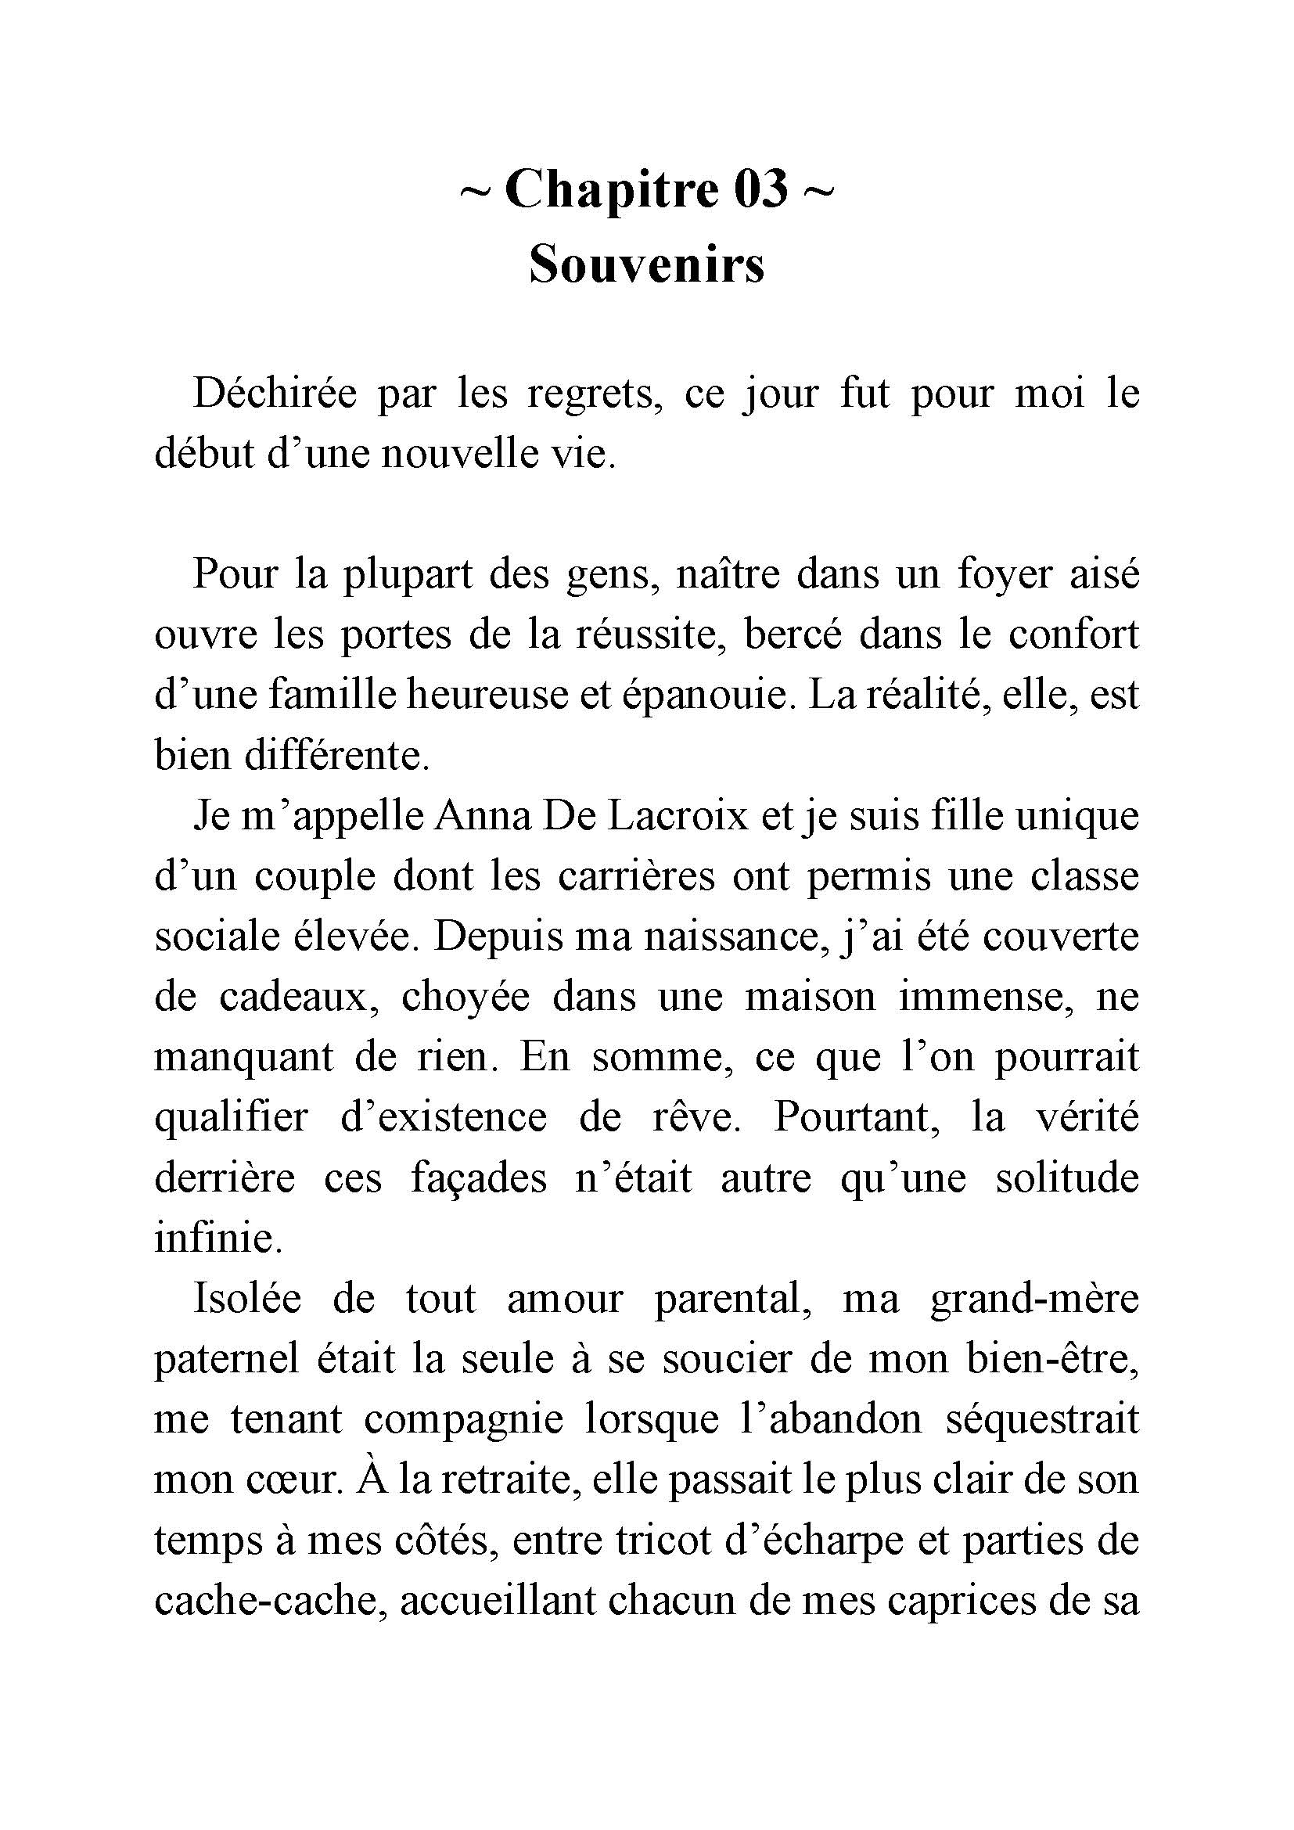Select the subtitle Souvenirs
click(x=646, y=264)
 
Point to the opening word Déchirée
click(x=274, y=394)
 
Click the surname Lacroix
click(x=678, y=816)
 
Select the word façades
click(x=479, y=1179)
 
